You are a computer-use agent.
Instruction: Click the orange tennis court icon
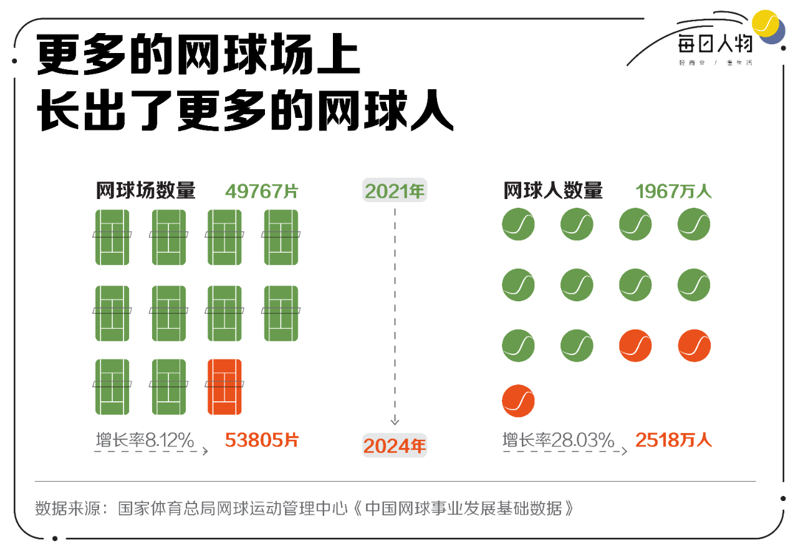tap(224, 387)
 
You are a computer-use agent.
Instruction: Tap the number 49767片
tap(262, 191)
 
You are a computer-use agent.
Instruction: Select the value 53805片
tap(262, 440)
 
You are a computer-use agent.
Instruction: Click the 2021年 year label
tap(395, 191)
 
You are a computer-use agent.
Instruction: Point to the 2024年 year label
tap(395, 445)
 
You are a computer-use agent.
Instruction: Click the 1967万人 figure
tap(673, 191)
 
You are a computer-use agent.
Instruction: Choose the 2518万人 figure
tap(673, 440)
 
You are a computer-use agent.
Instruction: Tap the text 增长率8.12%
tap(145, 440)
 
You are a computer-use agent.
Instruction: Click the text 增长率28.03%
tap(559, 440)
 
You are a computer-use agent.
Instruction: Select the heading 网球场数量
tap(145, 190)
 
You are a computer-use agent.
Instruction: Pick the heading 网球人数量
tap(553, 190)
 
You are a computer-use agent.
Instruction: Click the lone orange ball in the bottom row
tap(518, 401)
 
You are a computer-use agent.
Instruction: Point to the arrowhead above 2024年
tap(395, 421)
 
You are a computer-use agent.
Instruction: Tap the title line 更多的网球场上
tap(198, 56)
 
